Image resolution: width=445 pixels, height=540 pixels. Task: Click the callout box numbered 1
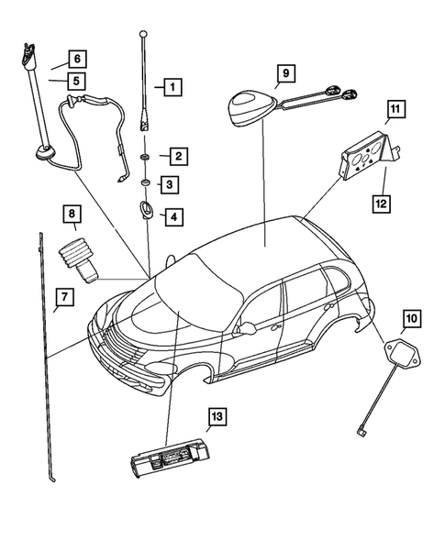(x=171, y=88)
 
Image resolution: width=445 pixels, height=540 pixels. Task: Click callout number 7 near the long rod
(x=63, y=297)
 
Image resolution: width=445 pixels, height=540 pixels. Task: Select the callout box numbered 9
(x=284, y=72)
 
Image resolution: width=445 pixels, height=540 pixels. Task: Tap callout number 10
(x=411, y=319)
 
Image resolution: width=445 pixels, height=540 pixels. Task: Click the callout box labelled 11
(x=395, y=112)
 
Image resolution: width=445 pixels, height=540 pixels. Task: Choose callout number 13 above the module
(x=217, y=417)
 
